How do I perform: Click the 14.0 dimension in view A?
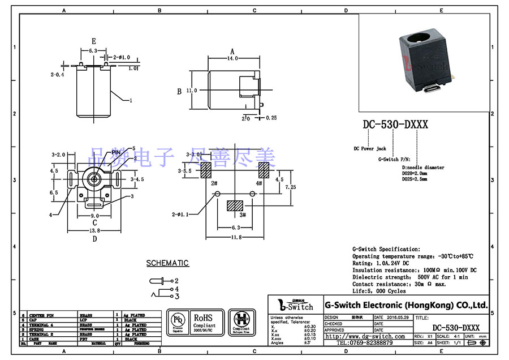click(231, 58)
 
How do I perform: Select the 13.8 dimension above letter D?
click(94, 230)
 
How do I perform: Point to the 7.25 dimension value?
click(290, 187)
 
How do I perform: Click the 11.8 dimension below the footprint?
click(234, 237)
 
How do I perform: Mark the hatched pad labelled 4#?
click(264, 170)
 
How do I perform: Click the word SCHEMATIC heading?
click(167, 263)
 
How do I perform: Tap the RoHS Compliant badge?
click(204, 322)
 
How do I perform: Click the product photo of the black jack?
click(424, 62)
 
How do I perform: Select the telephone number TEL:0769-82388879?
click(365, 343)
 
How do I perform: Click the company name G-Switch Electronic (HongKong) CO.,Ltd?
click(406, 305)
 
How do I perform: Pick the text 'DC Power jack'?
click(370, 149)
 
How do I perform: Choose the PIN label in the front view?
click(116, 152)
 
